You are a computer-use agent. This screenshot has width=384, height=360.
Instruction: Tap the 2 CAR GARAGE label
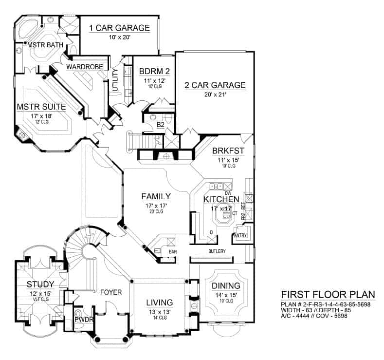(215, 85)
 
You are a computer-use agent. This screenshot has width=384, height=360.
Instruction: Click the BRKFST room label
(228, 151)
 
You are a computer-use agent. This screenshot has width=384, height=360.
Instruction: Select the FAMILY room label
(156, 196)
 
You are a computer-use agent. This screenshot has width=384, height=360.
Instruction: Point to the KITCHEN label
(221, 199)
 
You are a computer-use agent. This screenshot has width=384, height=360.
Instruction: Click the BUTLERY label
(217, 251)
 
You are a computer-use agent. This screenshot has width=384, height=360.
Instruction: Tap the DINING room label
(226, 285)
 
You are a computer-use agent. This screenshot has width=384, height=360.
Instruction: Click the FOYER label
(111, 292)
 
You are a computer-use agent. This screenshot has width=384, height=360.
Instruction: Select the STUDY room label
(40, 284)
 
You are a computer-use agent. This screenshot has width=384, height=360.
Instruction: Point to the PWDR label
(81, 320)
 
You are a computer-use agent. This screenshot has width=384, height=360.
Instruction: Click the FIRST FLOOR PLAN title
(328, 294)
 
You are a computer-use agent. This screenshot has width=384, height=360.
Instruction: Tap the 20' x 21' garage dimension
(215, 95)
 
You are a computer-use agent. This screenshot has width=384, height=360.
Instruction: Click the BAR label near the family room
(172, 252)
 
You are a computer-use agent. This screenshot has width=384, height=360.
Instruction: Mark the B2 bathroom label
(160, 125)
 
